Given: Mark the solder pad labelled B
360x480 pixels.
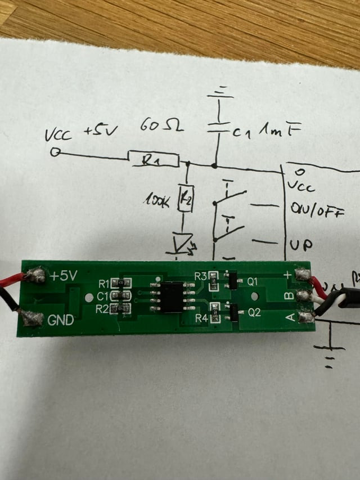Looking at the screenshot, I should (x=305, y=296).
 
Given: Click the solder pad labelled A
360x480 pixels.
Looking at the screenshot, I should (x=306, y=318).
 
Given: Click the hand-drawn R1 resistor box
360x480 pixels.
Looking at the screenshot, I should (x=154, y=160).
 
